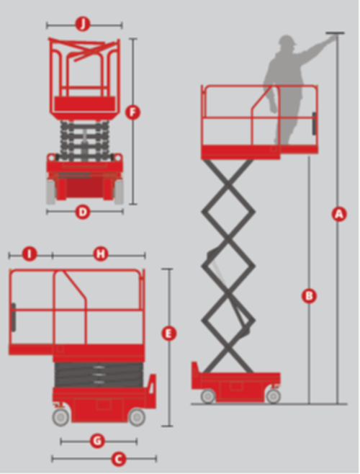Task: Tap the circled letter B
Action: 309,295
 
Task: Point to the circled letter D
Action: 83,213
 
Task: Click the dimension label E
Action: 168,334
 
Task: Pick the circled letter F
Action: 132,112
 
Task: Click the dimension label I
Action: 30,254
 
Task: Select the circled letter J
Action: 84,24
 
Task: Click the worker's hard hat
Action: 287,42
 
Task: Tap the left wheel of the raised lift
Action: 208,395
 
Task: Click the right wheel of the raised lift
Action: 273,395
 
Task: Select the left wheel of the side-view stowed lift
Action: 60,416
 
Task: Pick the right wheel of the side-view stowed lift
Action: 136,416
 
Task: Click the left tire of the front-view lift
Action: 51,190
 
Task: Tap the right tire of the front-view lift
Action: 118,190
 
